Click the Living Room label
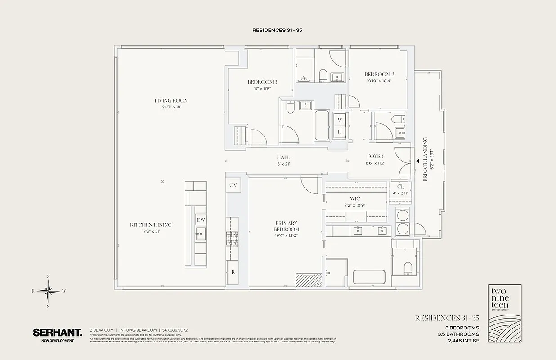click(171, 100)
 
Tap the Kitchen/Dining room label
click(151, 225)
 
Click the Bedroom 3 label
click(262, 82)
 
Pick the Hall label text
click(283, 157)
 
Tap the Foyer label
click(375, 157)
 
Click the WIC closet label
click(355, 198)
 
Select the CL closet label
click(400, 187)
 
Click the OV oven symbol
click(233, 185)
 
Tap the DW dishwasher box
click(201, 220)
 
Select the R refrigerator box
click(233, 272)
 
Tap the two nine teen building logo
click(505, 314)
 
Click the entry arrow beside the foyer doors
click(417, 160)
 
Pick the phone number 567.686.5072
click(175, 330)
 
